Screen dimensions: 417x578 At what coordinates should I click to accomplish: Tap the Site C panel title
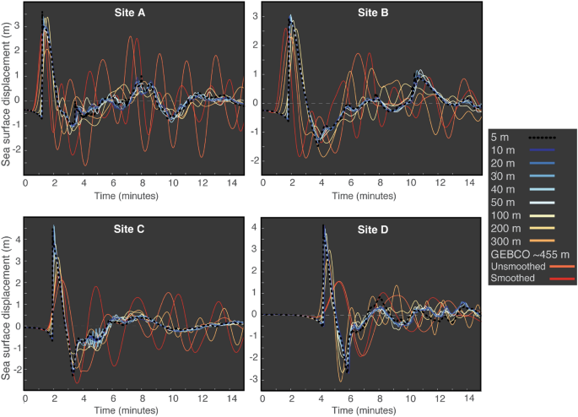click(133, 229)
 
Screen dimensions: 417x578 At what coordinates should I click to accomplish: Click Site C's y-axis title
click(7, 304)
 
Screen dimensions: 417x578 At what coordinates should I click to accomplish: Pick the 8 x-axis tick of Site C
click(143, 397)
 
